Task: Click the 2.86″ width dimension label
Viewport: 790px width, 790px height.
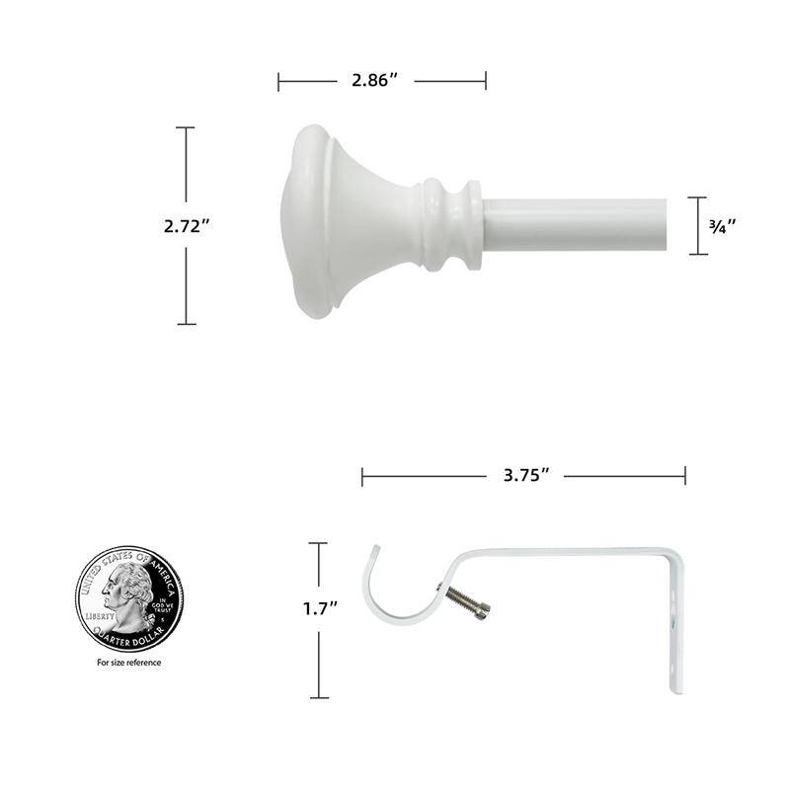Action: click(381, 81)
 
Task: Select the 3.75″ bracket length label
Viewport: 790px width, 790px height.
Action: click(523, 478)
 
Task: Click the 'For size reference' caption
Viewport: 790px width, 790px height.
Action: click(128, 663)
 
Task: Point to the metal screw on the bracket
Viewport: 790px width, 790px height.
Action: click(466, 604)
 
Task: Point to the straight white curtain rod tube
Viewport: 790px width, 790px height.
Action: click(583, 224)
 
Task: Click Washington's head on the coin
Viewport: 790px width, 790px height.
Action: click(126, 592)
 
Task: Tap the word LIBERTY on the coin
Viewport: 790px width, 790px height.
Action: click(100, 614)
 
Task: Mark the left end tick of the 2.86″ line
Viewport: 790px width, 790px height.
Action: click(279, 81)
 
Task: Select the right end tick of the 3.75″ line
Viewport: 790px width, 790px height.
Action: click(684, 478)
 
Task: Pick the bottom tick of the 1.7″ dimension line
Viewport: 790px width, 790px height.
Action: click(317, 697)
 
